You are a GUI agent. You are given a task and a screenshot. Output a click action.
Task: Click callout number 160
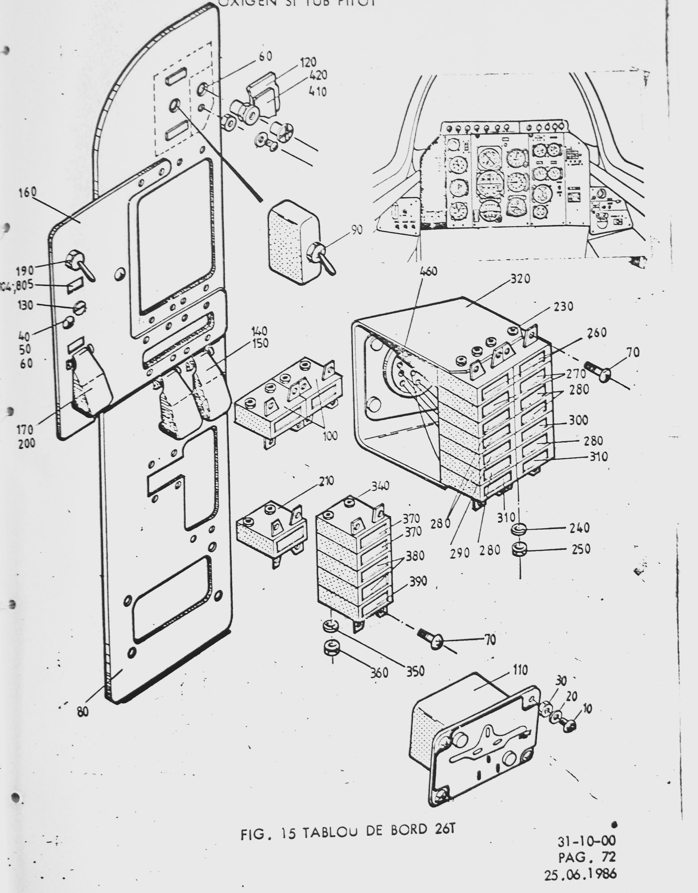pyautogui.click(x=27, y=193)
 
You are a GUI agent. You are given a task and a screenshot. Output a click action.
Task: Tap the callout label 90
pyautogui.click(x=356, y=230)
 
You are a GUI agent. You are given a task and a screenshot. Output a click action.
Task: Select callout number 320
pyautogui.click(x=520, y=279)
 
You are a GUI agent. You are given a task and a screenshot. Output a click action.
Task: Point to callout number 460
pyautogui.click(x=428, y=271)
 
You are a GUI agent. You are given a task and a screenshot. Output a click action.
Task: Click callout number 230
pyautogui.click(x=563, y=307)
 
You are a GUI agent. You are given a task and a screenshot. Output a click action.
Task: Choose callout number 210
pyautogui.click(x=326, y=481)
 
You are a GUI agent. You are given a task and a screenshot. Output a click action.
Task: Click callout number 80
pyautogui.click(x=83, y=712)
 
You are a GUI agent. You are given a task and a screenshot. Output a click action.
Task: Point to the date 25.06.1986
pyautogui.click(x=579, y=874)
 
